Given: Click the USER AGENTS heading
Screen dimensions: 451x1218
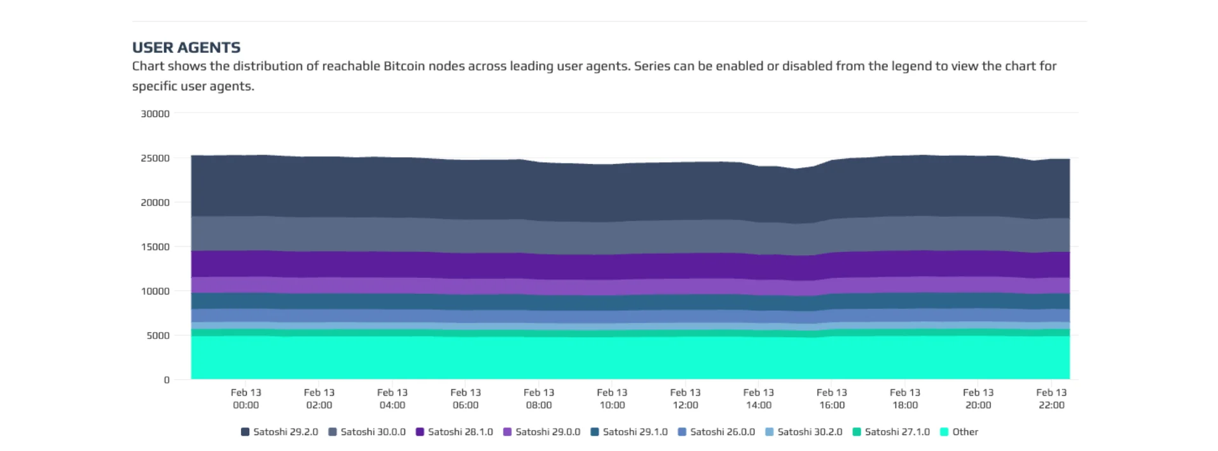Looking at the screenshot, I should coord(186,48).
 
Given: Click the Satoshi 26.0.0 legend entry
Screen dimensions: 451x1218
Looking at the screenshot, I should coord(716,432).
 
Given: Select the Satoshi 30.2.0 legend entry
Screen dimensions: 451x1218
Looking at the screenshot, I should coord(803,432).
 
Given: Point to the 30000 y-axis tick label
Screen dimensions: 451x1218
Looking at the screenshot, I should coord(155,114).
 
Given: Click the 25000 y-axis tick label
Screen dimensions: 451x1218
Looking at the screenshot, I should coord(155,158).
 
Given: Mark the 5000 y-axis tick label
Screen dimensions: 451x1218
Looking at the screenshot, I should coord(158,336).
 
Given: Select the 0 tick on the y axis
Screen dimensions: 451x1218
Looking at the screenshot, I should coord(167,380).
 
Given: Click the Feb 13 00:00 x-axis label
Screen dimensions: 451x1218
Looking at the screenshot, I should coord(246,399).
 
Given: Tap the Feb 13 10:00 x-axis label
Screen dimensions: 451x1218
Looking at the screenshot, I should coord(612,399).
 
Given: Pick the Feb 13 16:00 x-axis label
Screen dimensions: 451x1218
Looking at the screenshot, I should coord(832,399).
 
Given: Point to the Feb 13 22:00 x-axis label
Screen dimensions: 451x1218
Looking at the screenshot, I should coord(1051,399).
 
